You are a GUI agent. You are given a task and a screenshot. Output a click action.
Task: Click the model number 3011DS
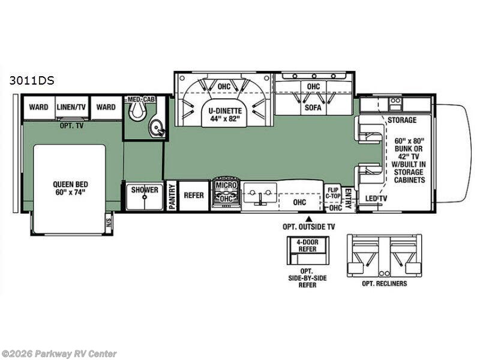pos(32,80)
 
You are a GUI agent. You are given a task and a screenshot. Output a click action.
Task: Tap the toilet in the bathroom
pos(137,110)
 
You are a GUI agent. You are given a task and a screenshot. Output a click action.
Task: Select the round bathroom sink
pos(157,128)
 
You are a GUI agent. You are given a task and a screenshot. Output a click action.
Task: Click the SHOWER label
pos(145,190)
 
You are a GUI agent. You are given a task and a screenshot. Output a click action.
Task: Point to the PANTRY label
pos(172,197)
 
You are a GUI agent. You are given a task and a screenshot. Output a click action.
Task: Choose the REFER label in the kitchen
pos(194,195)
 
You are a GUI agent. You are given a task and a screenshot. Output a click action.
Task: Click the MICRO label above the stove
pos(226,185)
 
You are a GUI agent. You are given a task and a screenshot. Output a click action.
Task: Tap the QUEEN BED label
pos(70,188)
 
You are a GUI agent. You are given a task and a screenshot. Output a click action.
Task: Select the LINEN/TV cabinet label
pos(71,107)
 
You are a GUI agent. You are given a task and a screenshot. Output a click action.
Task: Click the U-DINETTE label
pos(225,115)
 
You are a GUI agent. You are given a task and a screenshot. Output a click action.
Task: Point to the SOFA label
pos(313,107)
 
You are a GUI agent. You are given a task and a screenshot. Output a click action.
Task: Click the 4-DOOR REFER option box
pos(308,250)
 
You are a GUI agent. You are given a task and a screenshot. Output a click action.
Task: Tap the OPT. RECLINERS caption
pos(385,283)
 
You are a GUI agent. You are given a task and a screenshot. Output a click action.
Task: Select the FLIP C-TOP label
pos(332,193)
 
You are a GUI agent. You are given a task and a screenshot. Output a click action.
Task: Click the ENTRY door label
pos(348,199)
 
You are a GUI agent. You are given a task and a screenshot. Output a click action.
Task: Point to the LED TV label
pos(376,199)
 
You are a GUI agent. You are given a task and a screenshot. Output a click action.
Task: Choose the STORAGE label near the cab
pos(402,120)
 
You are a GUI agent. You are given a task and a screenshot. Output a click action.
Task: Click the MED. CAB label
pos(142,99)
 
